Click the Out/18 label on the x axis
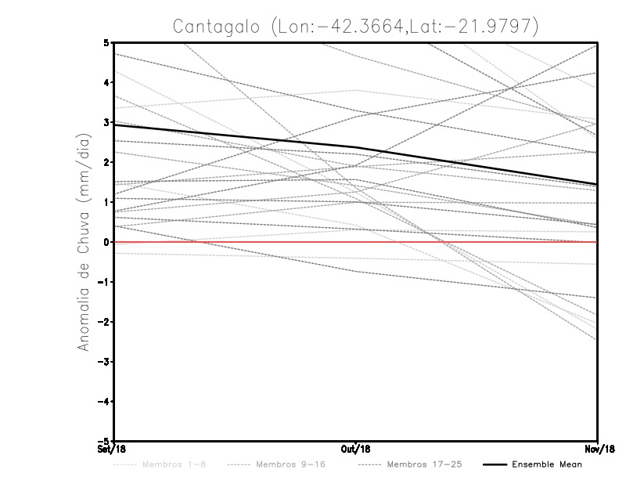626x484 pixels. pos(356,449)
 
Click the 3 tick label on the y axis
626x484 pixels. pos(106,122)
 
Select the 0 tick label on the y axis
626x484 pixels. pos(106,242)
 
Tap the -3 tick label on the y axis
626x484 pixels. pos(104,362)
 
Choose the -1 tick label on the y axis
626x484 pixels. pos(104,282)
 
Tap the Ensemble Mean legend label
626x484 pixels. pos(546,464)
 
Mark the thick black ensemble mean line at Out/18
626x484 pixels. pos(356,147)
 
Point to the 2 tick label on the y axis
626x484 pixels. pos(106,162)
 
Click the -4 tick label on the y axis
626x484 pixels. pos(104,402)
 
